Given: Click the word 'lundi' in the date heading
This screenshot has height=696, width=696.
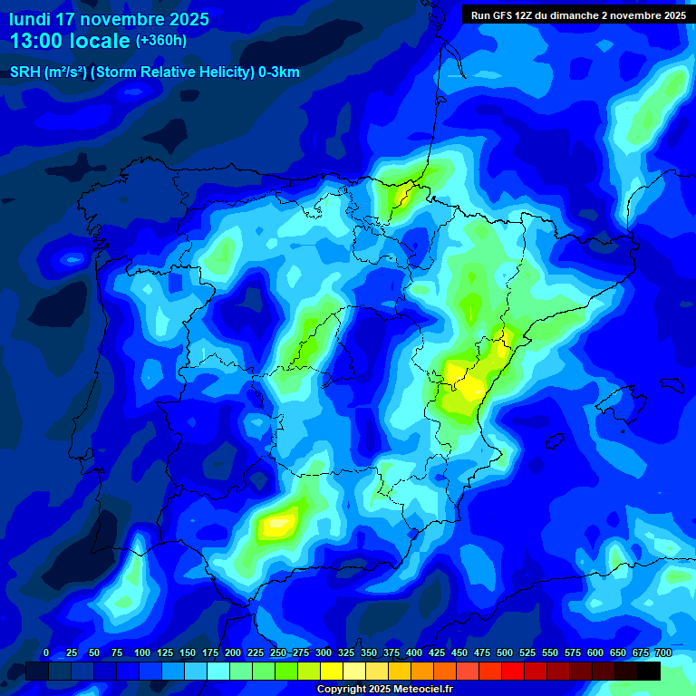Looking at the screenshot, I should pos(30,19).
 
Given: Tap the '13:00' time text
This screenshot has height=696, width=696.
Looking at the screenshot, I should pos(40,41).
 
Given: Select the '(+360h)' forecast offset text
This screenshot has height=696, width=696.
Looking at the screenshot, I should pos(161,41).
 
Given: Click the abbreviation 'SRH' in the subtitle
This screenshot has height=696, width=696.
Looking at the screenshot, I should pos(24,72).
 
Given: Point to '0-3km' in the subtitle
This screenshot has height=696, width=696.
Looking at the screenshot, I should pos(278,72).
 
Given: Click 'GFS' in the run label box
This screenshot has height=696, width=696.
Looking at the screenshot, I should pos(509,15).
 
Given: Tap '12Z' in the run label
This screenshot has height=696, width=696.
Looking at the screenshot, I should pos(533,15).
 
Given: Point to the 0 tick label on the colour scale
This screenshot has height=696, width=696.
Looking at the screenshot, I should pos(46,653).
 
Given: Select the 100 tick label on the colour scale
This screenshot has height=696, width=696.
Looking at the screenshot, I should pos(142,653).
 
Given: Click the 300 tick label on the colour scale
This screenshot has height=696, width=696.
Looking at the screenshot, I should pos(324,653).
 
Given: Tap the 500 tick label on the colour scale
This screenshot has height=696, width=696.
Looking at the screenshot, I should pos(505,653).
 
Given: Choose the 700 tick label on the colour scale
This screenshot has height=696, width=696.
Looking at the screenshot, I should pos(663,653).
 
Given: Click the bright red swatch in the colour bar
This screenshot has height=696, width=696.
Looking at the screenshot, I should pos(513,671).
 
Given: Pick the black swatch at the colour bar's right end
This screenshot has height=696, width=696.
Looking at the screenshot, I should pos(649,671).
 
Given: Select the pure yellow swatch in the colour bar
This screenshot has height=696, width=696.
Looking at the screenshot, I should pos(332,671).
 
